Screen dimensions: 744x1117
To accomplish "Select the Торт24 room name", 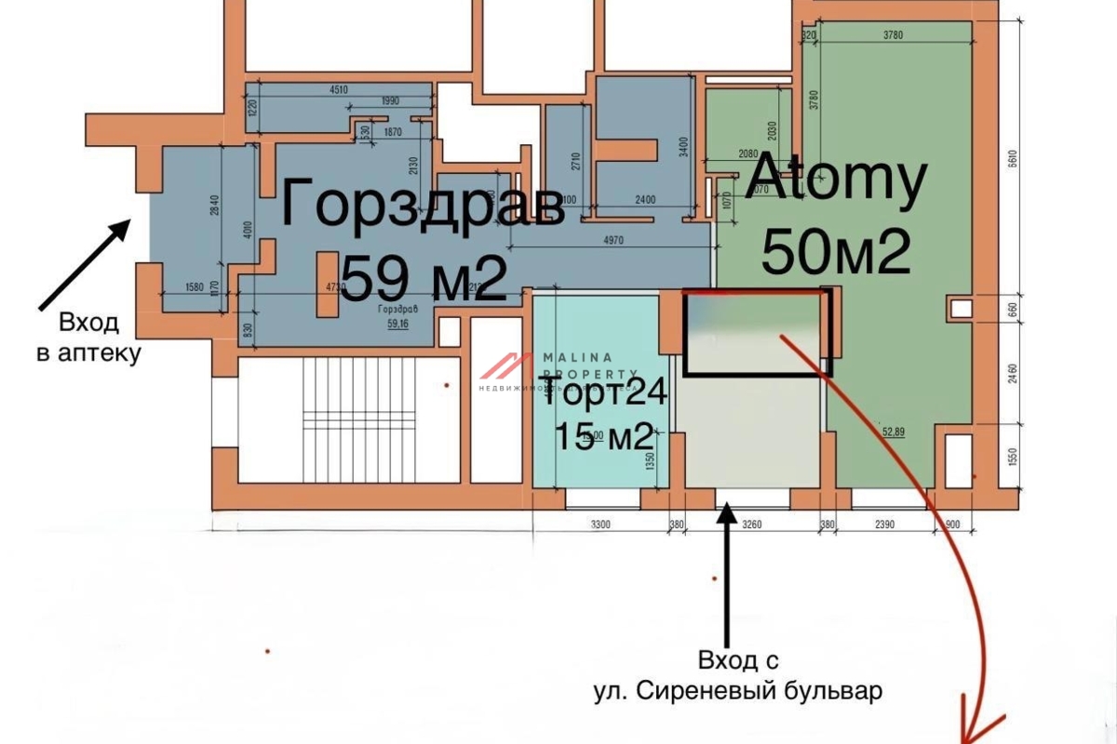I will point(605,394).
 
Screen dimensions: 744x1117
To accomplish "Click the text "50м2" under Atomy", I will point(835,252).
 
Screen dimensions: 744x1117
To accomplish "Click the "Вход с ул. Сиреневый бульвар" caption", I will point(737,676).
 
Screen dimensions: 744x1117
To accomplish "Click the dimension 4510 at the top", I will point(339,90).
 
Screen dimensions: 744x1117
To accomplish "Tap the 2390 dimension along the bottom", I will point(883,525).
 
